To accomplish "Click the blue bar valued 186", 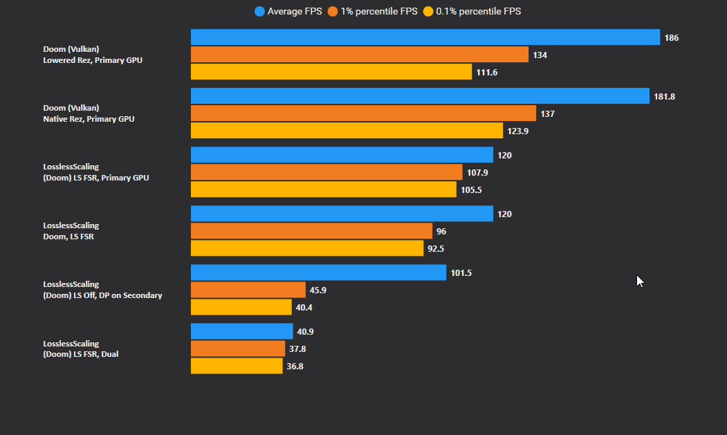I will (425, 37).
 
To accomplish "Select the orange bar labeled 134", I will (359, 55).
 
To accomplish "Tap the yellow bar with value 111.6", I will (331, 72).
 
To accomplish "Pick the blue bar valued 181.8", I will (420, 96).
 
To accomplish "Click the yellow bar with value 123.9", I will (347, 131).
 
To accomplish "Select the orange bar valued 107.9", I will (326, 172).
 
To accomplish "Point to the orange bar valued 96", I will (311, 231).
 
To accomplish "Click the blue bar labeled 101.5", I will (318, 273).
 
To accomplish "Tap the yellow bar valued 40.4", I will (241, 307).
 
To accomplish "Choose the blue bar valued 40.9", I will (242, 332).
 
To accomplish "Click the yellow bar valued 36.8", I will (237, 366).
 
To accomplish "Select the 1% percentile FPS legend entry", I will (373, 11).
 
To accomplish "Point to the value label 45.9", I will (318, 290).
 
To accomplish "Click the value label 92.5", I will (436, 248).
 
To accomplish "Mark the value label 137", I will (547, 113).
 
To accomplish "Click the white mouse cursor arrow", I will (640, 281).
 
